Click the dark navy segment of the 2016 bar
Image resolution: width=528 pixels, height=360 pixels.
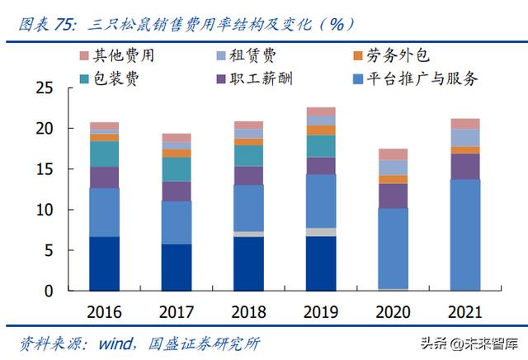tap(104, 263)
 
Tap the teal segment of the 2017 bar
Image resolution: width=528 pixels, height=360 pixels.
tap(177, 168)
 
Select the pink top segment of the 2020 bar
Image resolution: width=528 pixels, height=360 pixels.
tap(393, 154)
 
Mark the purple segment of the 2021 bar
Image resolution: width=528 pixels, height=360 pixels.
tap(464, 166)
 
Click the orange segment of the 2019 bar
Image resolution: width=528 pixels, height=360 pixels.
tap(320, 130)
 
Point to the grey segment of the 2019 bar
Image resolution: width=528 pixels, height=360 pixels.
tap(320, 232)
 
